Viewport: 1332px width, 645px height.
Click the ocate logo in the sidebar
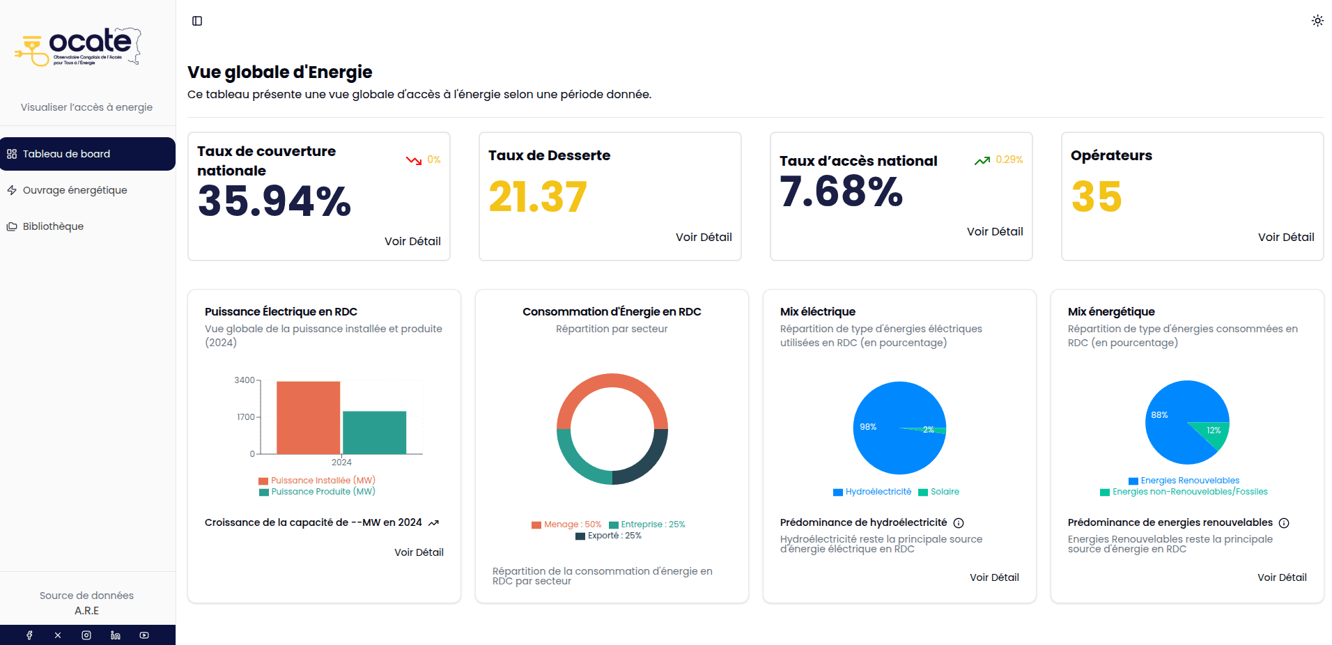click(78, 47)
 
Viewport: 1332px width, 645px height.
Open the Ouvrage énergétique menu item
click(75, 190)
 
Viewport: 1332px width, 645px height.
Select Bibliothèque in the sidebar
click(53, 226)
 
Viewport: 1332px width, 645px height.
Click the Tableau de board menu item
click(66, 154)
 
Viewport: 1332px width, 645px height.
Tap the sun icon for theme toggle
click(1317, 21)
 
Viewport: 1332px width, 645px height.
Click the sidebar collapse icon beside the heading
click(197, 21)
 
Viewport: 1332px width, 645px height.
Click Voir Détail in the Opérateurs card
click(1285, 237)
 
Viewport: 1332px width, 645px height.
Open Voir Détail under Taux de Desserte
click(703, 237)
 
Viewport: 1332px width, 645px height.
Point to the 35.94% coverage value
click(274, 201)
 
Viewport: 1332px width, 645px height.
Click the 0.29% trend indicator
click(1008, 160)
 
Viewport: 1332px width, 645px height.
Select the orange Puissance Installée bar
click(308, 417)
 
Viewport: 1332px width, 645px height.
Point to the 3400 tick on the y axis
click(245, 380)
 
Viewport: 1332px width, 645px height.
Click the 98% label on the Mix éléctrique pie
click(868, 427)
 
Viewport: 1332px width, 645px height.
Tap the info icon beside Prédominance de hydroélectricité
click(959, 523)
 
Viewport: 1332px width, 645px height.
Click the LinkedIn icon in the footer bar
click(116, 635)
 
